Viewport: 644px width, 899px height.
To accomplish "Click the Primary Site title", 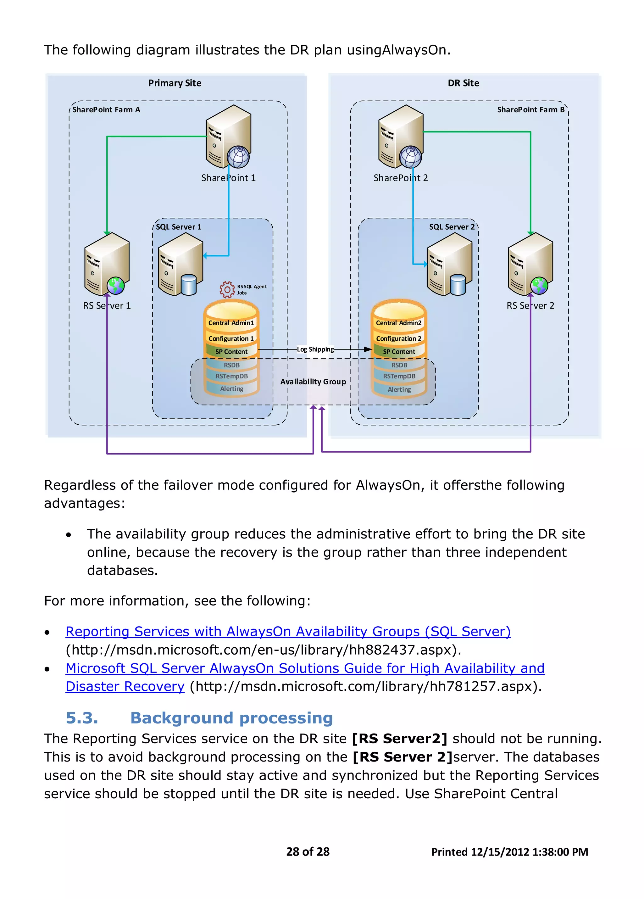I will point(175,83).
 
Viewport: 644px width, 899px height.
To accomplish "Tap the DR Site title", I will point(463,83).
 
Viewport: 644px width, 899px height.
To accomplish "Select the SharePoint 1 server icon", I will point(228,137).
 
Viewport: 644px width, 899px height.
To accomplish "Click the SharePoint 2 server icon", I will point(400,137).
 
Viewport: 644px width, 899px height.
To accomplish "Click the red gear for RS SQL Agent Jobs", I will point(227,290).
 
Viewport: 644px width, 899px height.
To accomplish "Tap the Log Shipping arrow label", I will point(315,349).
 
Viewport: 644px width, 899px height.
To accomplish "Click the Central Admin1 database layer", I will point(231,323).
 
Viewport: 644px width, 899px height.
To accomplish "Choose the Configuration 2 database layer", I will point(399,338).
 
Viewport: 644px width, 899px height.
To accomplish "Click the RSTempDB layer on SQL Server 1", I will point(231,376).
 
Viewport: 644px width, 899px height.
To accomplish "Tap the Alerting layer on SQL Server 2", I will point(399,389).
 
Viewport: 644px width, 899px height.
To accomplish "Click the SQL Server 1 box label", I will point(178,227).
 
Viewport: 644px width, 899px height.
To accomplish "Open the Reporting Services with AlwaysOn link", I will point(288,631).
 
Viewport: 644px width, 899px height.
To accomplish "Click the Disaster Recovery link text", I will point(125,686).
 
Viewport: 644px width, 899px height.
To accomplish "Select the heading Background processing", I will point(231,718).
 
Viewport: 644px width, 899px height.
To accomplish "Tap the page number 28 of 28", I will point(308,852).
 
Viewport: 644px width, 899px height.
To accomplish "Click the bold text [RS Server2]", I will point(399,739).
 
